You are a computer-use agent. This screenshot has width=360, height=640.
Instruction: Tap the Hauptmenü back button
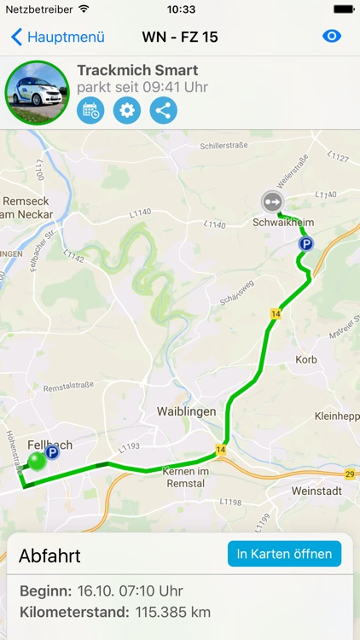[57, 37]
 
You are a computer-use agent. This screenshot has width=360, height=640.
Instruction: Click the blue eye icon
[332, 37]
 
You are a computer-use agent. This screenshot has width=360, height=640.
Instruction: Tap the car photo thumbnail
[37, 93]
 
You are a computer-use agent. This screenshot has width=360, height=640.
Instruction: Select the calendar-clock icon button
[91, 110]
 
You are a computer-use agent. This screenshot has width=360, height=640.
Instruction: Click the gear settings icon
[127, 110]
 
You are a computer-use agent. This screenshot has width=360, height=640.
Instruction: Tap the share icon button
[164, 110]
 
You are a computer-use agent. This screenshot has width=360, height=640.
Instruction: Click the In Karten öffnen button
[284, 554]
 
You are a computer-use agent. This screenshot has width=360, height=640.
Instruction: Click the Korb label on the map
[305, 360]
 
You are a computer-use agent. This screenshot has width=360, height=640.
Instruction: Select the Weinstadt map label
[316, 491]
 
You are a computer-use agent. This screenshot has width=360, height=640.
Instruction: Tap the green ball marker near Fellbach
[37, 462]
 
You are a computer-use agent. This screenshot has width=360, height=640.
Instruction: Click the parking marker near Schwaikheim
[305, 244]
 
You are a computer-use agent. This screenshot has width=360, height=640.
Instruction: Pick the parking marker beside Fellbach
[52, 453]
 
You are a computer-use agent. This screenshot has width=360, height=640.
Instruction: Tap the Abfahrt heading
[49, 556]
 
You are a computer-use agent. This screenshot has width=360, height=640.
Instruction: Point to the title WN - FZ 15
[180, 37]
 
